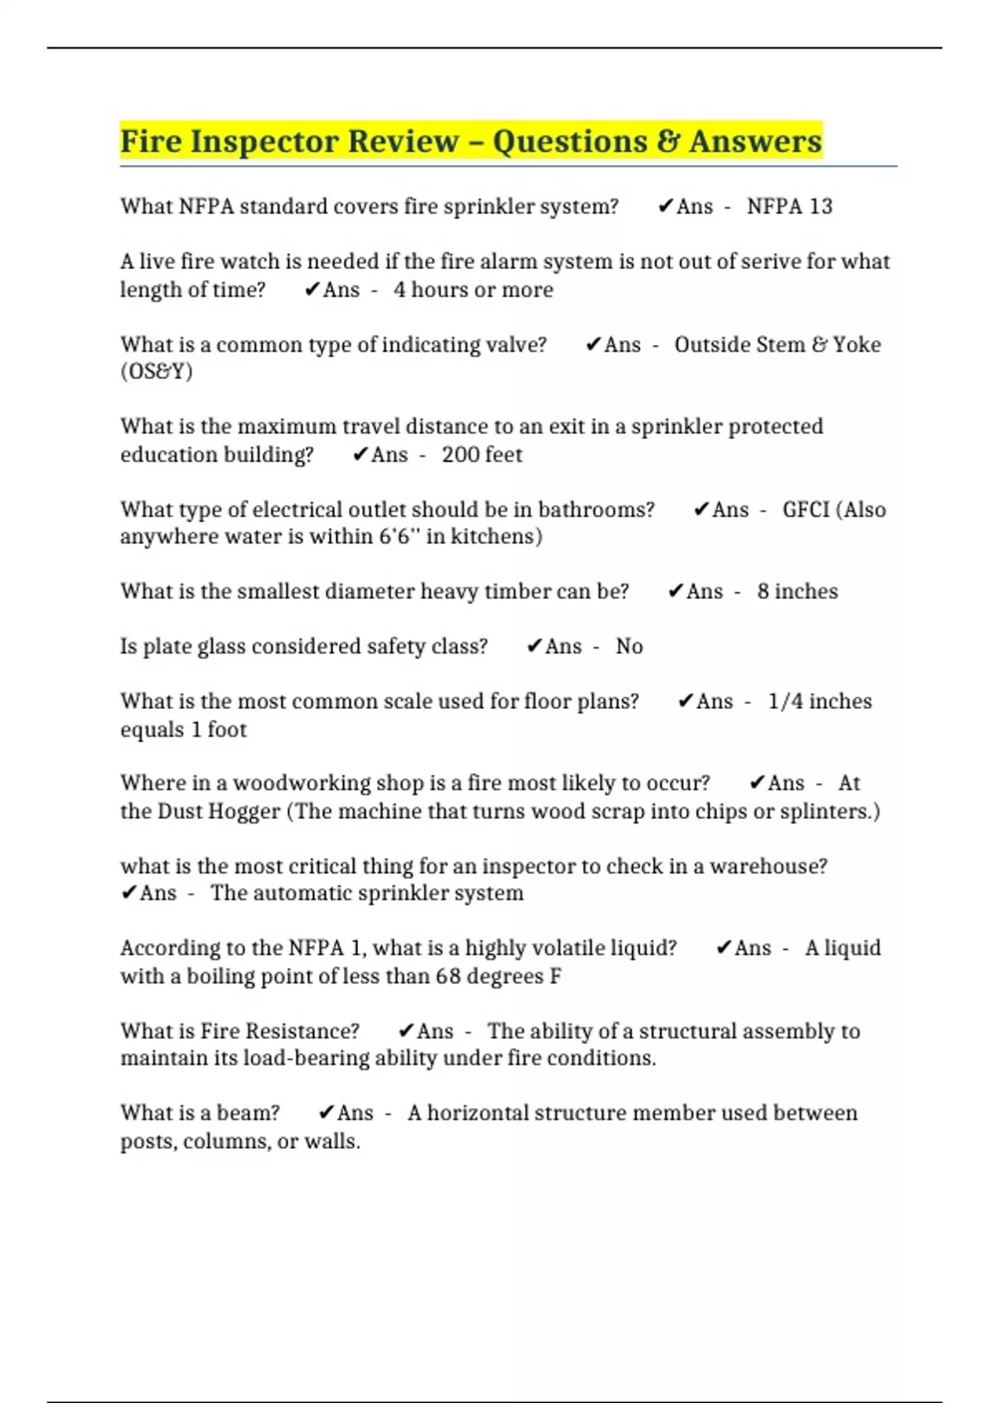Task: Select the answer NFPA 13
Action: pyautogui.click(x=790, y=206)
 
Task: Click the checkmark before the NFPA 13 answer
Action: pyautogui.click(x=665, y=206)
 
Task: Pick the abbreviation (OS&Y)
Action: pyautogui.click(x=157, y=371)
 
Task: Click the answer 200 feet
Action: pyautogui.click(x=482, y=455)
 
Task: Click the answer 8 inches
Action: pyautogui.click(x=797, y=592)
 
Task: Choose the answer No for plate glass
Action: pyautogui.click(x=629, y=646)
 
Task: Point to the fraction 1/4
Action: pyautogui.click(x=785, y=701)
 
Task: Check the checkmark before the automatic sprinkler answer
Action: pyautogui.click(x=129, y=893)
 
